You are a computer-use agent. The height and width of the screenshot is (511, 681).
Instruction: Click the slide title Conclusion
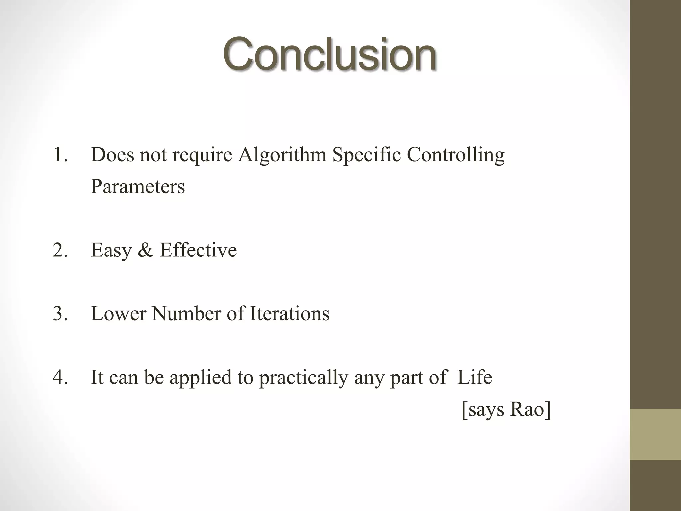(329, 54)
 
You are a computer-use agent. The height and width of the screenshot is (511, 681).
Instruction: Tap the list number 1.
(60, 155)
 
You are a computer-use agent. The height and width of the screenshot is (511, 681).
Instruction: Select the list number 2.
(60, 250)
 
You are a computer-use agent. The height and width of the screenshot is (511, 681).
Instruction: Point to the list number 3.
(60, 314)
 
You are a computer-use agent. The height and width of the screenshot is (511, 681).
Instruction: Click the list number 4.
(60, 378)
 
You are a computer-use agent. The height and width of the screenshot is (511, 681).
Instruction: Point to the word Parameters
(138, 187)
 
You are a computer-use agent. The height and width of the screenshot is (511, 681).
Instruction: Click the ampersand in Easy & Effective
(145, 250)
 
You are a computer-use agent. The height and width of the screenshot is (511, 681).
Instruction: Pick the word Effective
(198, 250)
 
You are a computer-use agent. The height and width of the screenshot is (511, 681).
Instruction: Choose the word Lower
(118, 314)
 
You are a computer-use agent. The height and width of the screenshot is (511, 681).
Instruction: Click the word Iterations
(289, 314)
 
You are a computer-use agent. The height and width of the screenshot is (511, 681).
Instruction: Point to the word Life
(475, 378)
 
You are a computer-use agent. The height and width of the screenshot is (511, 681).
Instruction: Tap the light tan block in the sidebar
(655, 434)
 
